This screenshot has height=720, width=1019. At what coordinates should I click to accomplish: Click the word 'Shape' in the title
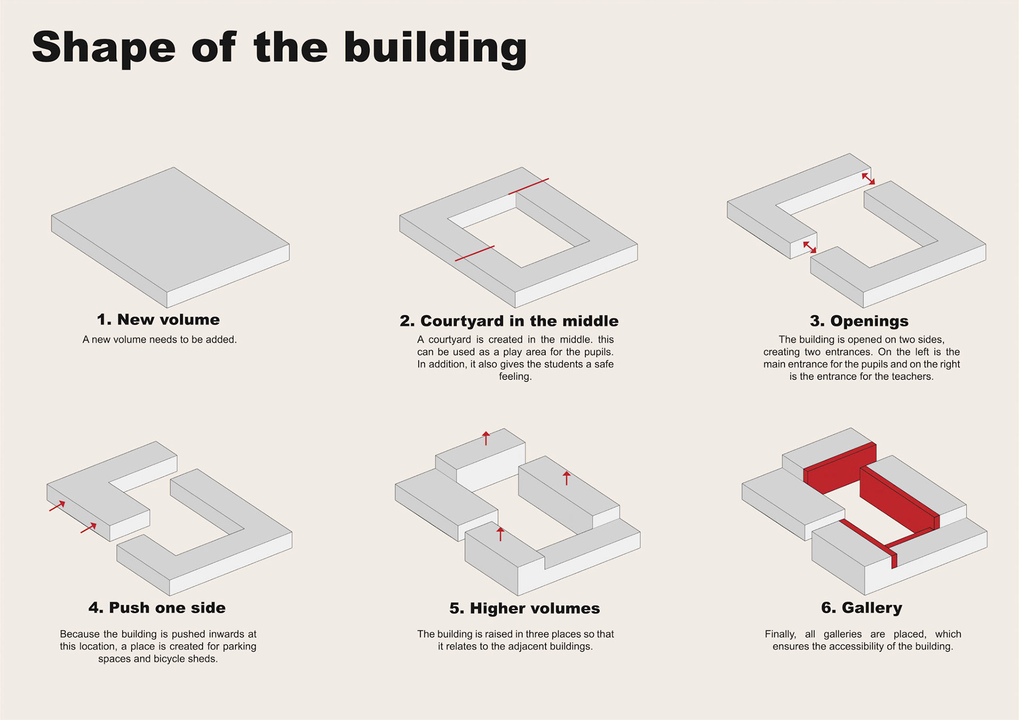click(x=103, y=48)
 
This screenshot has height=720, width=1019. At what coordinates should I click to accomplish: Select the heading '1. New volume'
click(x=158, y=319)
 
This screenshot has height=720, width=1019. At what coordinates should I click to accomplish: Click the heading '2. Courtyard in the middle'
click(x=509, y=321)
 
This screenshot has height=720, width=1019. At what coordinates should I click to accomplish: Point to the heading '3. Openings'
click(x=859, y=321)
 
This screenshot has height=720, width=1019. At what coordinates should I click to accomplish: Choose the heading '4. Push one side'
click(x=157, y=608)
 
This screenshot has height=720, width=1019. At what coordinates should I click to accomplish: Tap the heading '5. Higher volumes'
click(x=524, y=608)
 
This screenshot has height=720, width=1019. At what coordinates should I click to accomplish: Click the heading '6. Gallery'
click(x=861, y=608)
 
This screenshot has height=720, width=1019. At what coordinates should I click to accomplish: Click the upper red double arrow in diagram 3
click(x=868, y=178)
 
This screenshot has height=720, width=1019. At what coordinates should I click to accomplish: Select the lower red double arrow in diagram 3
click(x=809, y=247)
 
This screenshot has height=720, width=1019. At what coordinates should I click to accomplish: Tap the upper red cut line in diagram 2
click(x=529, y=186)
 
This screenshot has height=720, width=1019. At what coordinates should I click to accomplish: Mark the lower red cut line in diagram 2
click(x=474, y=254)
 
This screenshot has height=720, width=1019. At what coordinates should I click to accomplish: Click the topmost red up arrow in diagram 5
click(x=486, y=438)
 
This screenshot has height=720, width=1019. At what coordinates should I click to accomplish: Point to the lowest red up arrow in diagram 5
click(x=500, y=534)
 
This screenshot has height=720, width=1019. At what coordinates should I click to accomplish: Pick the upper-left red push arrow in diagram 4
click(x=57, y=506)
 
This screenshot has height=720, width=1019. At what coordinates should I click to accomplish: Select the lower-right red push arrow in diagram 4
click(x=89, y=528)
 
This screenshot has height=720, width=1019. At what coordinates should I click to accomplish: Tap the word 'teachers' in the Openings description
click(x=912, y=377)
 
